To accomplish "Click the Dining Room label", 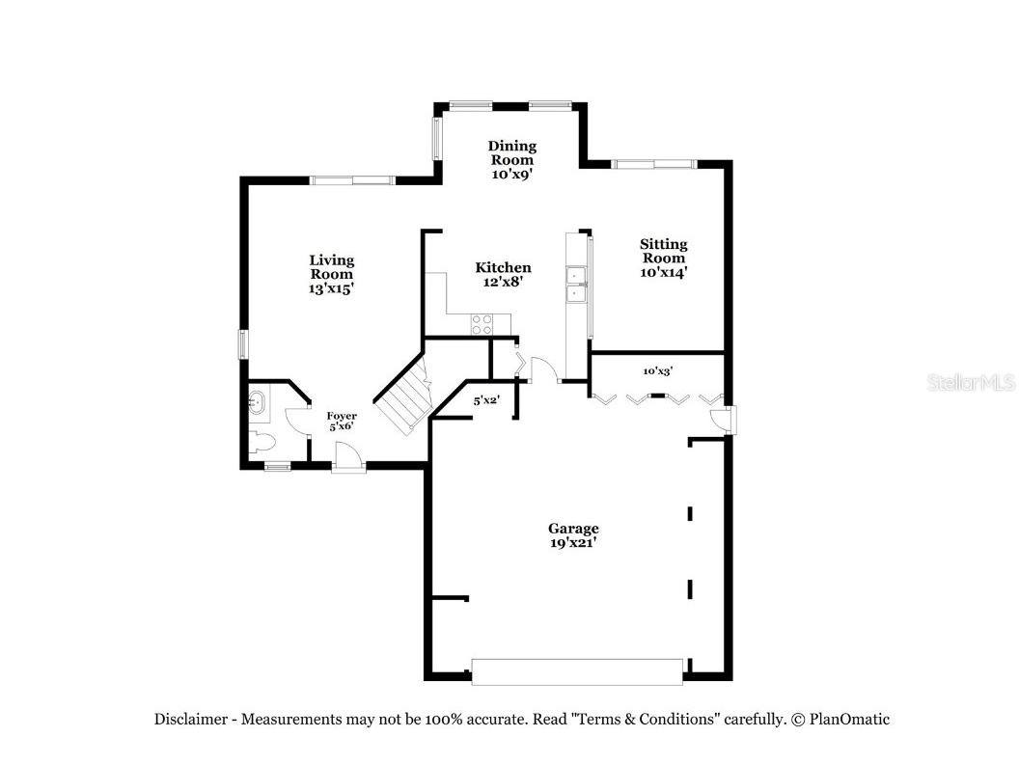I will click(511, 160).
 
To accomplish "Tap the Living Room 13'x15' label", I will click(331, 274).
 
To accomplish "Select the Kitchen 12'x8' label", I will click(503, 275).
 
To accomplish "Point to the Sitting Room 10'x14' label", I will click(664, 258).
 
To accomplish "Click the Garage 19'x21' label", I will click(573, 535).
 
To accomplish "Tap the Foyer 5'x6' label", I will click(341, 422).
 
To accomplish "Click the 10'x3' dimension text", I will click(657, 370).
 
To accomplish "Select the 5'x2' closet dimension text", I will click(484, 400).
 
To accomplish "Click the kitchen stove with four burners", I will click(482, 325).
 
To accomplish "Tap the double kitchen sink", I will click(576, 285).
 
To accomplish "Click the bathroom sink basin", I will click(259, 402).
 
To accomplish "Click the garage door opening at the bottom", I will click(576, 671).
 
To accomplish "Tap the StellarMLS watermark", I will click(971, 383).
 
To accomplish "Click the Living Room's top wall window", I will click(351, 179).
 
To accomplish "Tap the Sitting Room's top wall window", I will click(655, 164).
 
